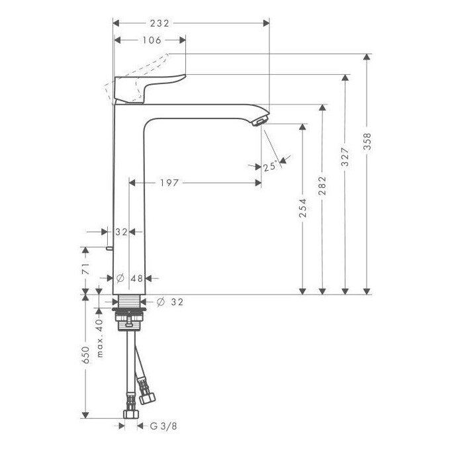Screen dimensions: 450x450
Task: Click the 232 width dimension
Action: [159, 22]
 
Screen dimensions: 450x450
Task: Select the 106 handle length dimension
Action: [151, 40]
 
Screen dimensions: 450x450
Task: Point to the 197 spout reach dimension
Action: [169, 183]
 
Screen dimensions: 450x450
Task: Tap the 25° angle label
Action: [269, 167]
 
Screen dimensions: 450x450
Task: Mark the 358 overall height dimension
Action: [367, 142]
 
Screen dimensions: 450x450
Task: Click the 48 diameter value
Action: [137, 279]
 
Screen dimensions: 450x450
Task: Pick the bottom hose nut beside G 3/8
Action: [130, 414]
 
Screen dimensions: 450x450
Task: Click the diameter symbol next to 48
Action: [120, 279]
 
